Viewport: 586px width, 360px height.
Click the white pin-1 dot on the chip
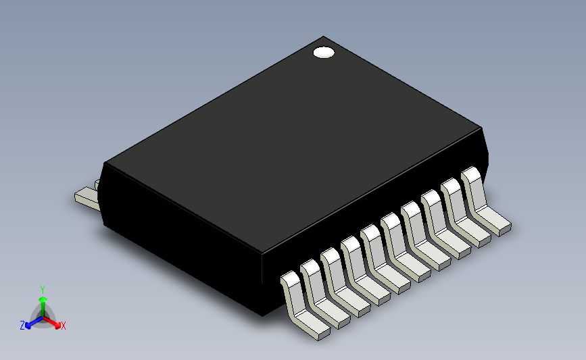click(324, 53)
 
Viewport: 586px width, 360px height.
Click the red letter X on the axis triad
click(63, 326)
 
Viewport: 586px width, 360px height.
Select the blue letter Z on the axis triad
click(22, 326)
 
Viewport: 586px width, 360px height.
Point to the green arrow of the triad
click(42, 301)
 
